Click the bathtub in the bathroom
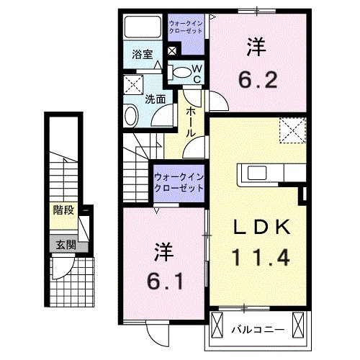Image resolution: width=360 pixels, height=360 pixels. (144, 28)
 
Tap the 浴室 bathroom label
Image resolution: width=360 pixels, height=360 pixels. (141, 55)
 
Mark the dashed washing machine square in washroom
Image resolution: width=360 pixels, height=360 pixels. (134, 84)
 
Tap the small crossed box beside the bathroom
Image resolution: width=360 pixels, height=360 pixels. (171, 52)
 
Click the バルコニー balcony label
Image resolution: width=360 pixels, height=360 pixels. (257, 330)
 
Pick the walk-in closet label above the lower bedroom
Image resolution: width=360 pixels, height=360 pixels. (178, 181)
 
